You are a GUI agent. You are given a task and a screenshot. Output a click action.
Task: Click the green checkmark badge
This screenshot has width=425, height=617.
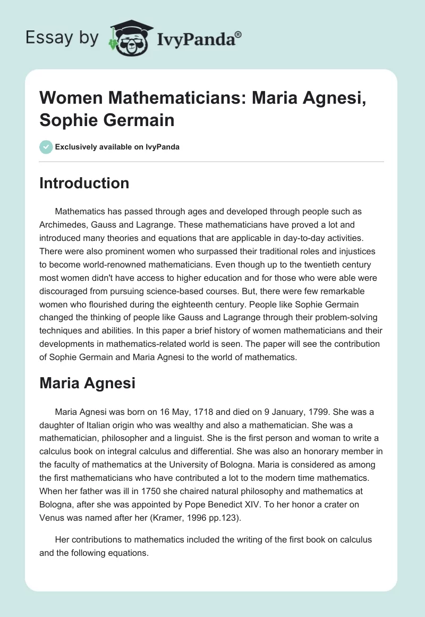tap(46, 147)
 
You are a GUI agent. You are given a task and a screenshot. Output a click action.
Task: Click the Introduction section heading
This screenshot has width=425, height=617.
tap(84, 183)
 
